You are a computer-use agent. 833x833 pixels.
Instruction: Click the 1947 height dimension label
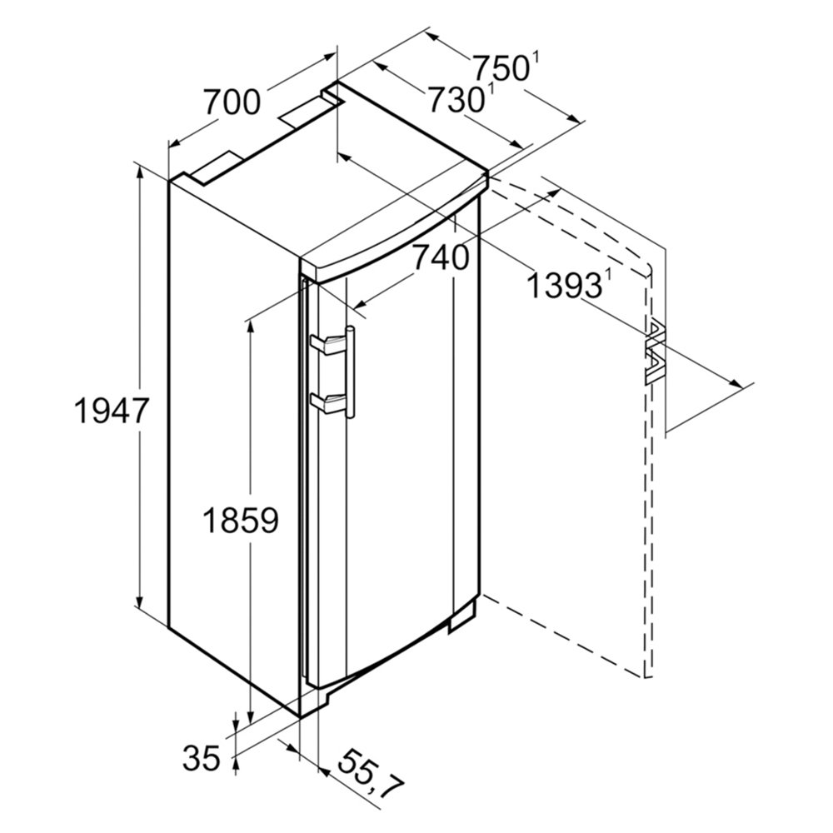tap(111, 412)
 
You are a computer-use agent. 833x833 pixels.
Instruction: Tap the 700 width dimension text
tap(232, 102)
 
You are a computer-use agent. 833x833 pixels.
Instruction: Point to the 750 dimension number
tap(501, 67)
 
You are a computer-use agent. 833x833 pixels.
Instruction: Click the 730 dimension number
tap(456, 100)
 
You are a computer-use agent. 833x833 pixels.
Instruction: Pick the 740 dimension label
tap(441, 258)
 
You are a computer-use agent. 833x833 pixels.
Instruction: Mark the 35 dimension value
tap(202, 758)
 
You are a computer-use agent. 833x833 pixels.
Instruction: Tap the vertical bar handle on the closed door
tap(350, 373)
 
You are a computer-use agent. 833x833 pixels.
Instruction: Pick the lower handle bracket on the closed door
tap(327, 402)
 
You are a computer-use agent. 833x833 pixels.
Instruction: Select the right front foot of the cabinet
tap(461, 618)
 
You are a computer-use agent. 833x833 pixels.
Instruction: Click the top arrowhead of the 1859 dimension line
tap(251, 329)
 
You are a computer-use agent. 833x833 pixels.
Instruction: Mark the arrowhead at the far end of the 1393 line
tap(736, 382)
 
